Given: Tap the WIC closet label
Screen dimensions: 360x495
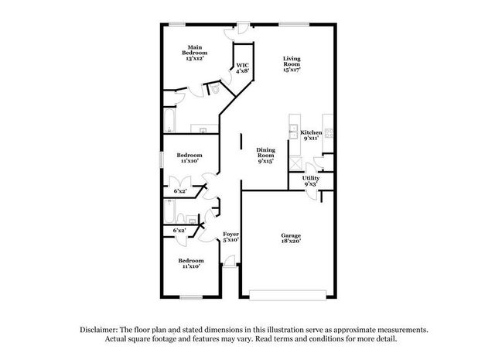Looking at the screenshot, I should [242, 67].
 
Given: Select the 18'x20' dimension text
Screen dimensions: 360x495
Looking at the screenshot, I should [291, 242].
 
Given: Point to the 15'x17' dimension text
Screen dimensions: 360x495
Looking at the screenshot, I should [291, 70].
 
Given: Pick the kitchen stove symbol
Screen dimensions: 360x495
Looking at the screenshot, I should [328, 132].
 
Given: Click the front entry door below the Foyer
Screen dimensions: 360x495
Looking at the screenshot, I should [230, 266].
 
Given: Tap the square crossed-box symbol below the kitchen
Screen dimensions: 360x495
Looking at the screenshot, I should [295, 163].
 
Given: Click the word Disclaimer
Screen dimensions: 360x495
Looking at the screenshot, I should [98, 329].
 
